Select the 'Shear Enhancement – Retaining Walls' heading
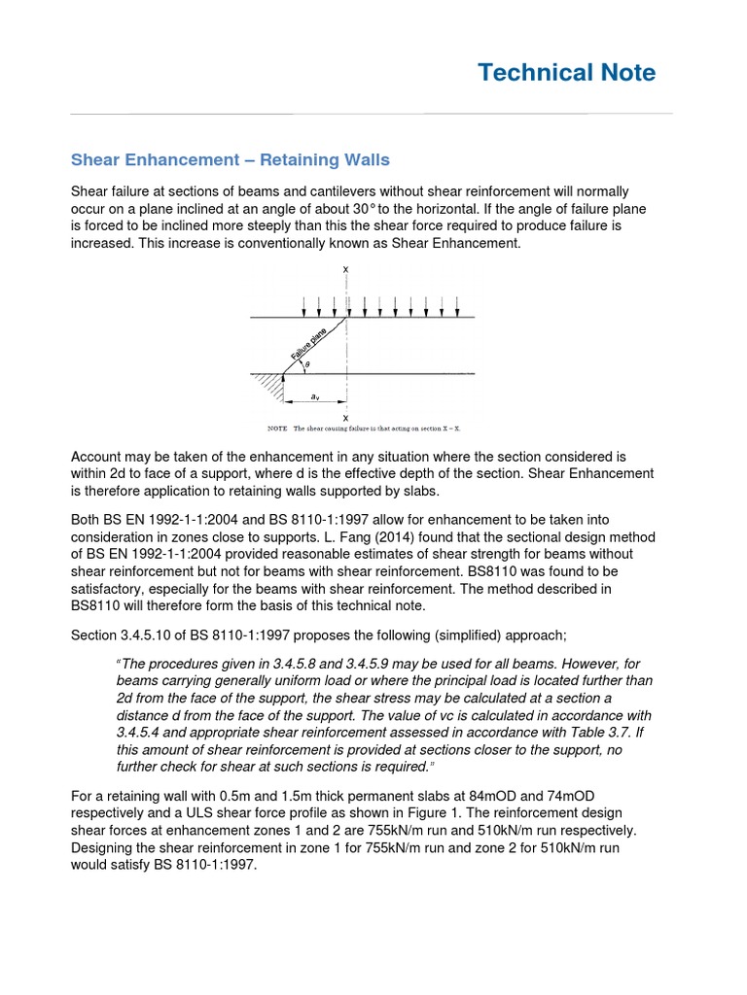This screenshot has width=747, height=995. point(231,159)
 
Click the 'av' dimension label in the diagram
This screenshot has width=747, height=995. point(314,397)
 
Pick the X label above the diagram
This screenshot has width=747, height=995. point(346,269)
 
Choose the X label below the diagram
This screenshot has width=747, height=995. point(346,418)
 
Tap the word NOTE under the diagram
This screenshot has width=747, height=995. point(278,428)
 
